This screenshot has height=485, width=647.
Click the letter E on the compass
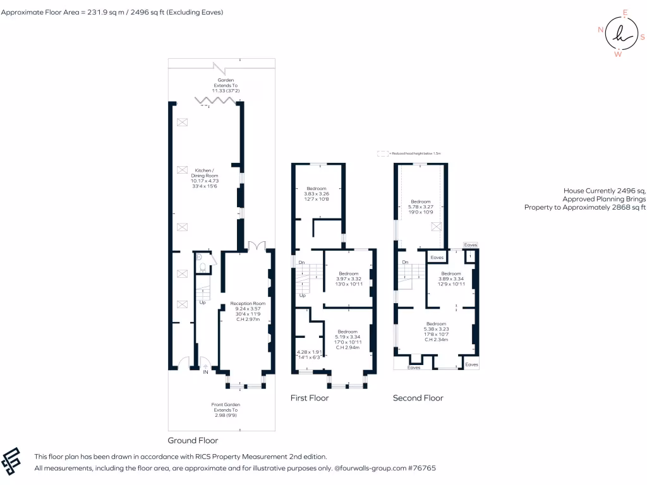[625, 13]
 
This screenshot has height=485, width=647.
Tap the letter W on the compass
[618, 54]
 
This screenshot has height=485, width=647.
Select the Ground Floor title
[193, 440]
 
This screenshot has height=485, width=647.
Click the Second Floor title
[418, 398]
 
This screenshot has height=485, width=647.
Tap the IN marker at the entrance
[205, 373]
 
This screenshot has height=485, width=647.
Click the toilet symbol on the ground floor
[202, 268]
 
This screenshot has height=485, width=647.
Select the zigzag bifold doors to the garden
[216, 101]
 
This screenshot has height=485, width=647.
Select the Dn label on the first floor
[301, 262]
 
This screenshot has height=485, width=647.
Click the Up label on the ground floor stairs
[203, 302]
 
